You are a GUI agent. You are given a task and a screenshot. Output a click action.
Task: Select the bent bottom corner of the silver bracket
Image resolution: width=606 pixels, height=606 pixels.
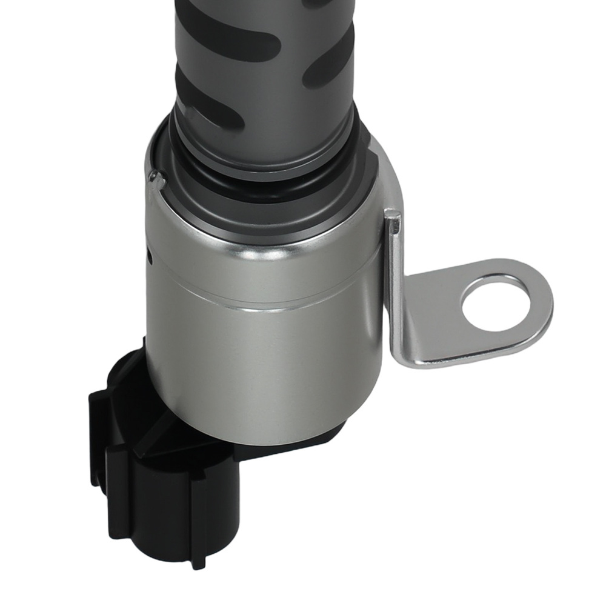pos(405,358)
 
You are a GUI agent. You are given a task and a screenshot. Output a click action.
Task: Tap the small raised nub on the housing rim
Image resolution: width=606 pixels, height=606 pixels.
pos(156,178)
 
